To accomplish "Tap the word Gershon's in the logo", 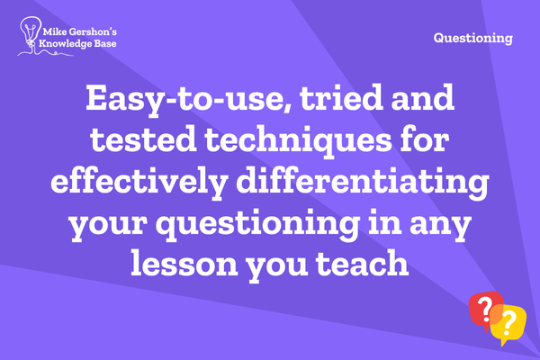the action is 93,32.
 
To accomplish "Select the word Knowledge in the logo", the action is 65,44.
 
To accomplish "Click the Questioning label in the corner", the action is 473,38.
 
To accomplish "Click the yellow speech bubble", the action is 509,324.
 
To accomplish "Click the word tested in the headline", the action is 143,139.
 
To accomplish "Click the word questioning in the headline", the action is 257,224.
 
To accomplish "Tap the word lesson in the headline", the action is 184,264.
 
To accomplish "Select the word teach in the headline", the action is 363,264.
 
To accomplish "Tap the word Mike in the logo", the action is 54,32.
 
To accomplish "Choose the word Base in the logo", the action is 105,44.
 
